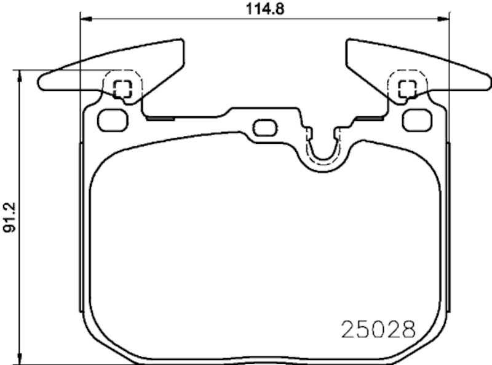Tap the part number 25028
coord(378,330)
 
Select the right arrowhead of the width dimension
coord(446,18)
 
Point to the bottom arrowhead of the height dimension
coord(21,359)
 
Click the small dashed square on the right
coord(407,89)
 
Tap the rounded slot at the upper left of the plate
coord(112,120)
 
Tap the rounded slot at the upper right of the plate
coord(416,120)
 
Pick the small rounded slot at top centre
coord(265,128)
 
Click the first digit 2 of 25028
coord(348,330)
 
